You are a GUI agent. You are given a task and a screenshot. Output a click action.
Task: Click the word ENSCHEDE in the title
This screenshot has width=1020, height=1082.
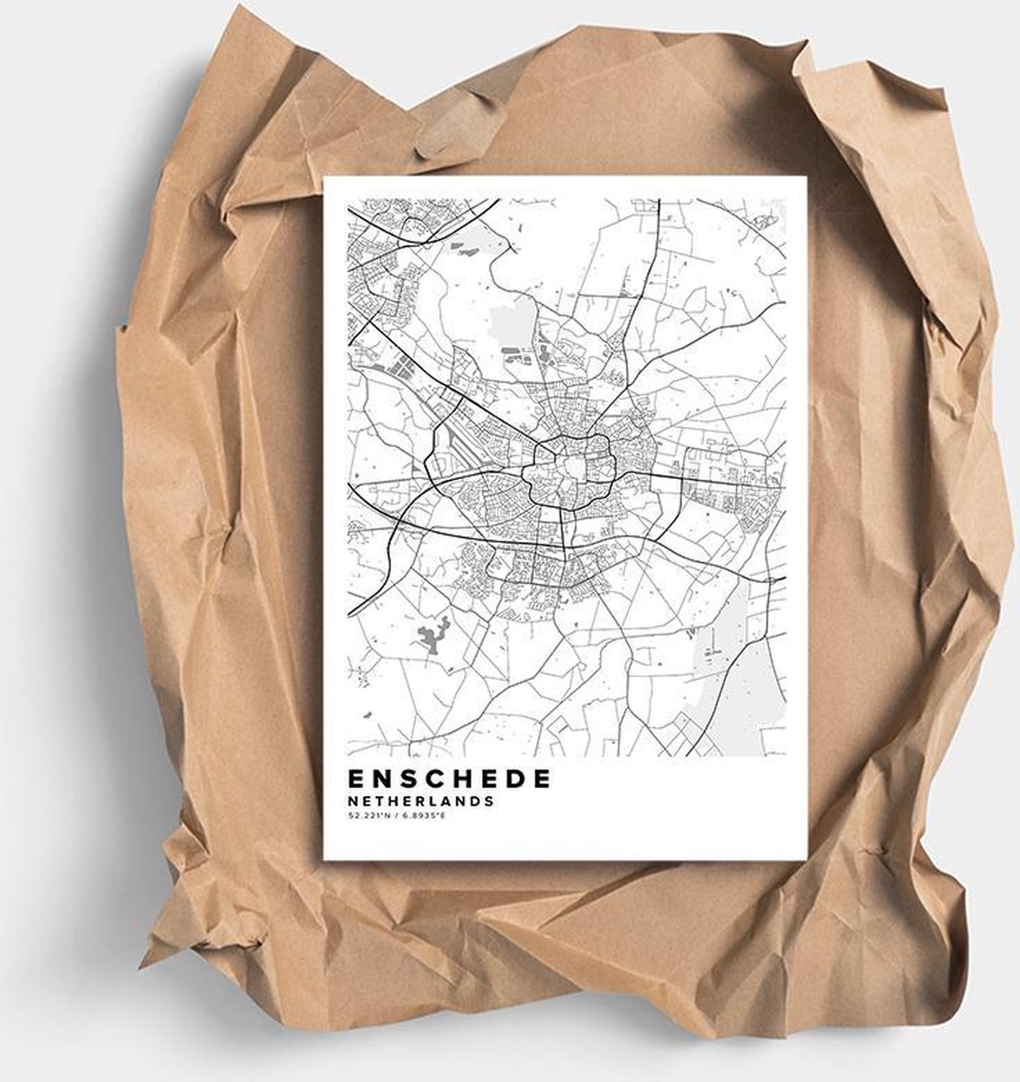tap(447, 778)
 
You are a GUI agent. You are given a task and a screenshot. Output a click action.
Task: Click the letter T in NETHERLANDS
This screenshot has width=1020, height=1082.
tap(376, 800)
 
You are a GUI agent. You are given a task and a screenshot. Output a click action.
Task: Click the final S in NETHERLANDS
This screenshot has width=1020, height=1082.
tap(489, 800)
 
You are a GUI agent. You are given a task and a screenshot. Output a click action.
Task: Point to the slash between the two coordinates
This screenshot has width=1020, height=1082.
tap(394, 816)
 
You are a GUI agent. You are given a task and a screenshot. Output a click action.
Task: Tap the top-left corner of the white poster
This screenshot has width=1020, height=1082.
tap(324, 178)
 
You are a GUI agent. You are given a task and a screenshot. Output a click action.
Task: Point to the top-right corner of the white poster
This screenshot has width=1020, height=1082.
tap(807, 177)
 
